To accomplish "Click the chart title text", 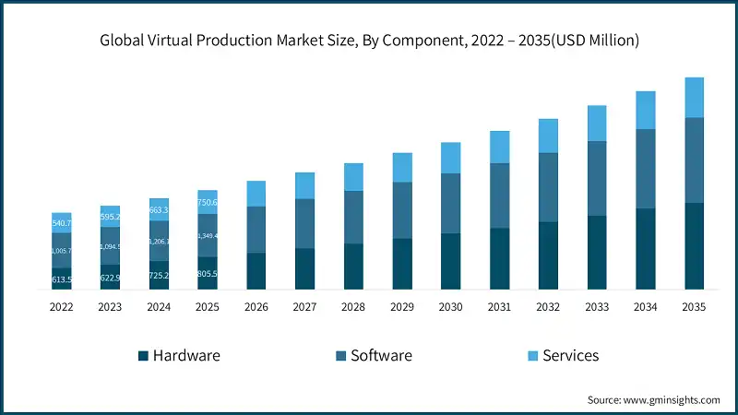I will pos(369,41).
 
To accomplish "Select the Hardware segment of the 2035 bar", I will pos(694,245).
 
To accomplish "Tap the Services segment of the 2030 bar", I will pos(451,158).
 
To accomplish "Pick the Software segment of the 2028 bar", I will pos(354,217).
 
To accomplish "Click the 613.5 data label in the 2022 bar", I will pos(62,279).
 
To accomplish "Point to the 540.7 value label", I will pos(62,223).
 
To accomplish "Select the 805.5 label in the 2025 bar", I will pos(208,274).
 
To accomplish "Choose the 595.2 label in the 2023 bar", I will pos(111,218).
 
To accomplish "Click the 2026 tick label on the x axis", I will pos(256,307).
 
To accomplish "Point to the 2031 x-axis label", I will pos(499,307).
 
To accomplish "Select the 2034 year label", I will pos(645,307).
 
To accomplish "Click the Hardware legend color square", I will pos(143,356).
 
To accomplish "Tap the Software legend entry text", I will pos(381,355).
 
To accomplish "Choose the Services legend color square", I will pos(532,356).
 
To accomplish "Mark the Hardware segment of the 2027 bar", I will pos(305,268).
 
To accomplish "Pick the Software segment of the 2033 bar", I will pos(597,178).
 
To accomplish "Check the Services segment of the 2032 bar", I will pos(548,136).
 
